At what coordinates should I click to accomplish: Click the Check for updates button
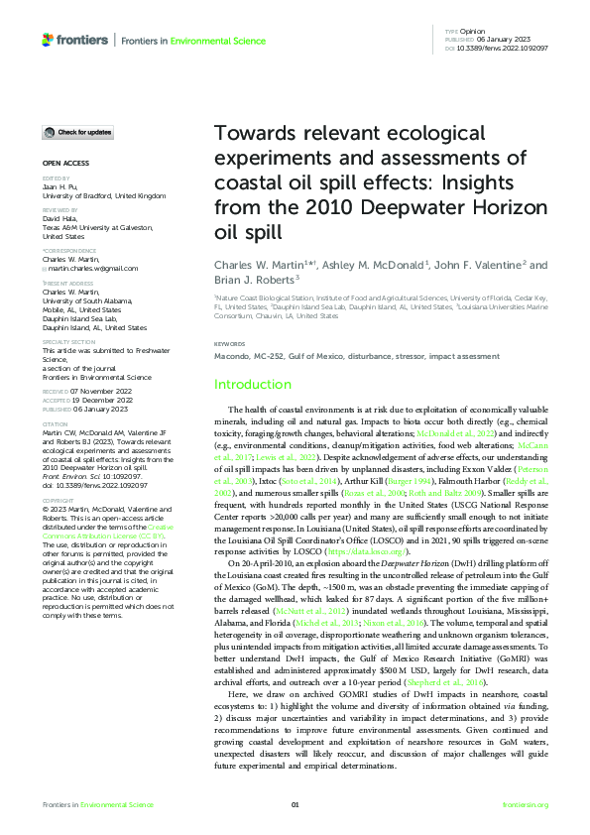78,132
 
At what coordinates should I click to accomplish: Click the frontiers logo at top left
75,40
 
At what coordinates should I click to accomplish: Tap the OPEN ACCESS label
65,163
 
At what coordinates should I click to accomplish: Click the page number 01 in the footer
295,805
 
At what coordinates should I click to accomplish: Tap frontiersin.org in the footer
526,805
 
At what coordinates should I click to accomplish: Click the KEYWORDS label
230,344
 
